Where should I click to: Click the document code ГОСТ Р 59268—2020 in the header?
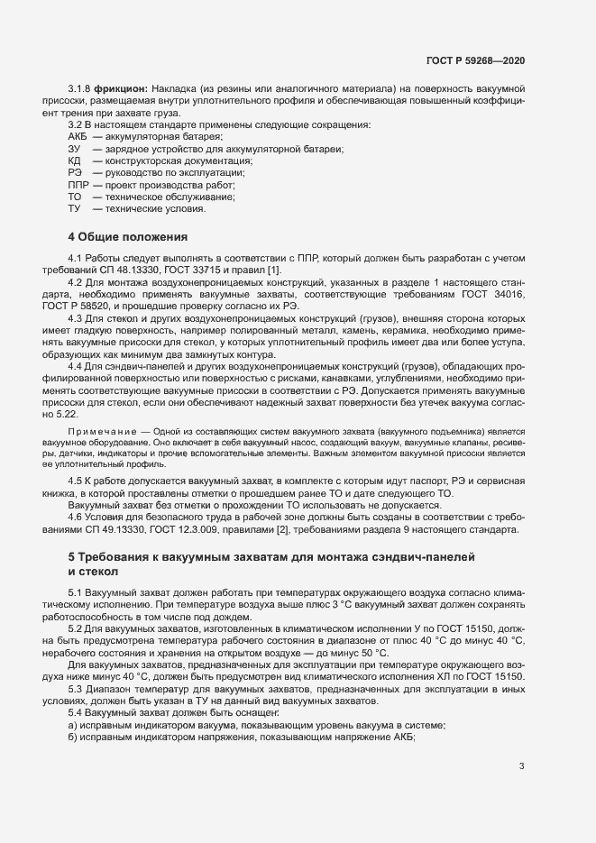click(475, 60)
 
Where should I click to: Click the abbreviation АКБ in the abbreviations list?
click(78, 136)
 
